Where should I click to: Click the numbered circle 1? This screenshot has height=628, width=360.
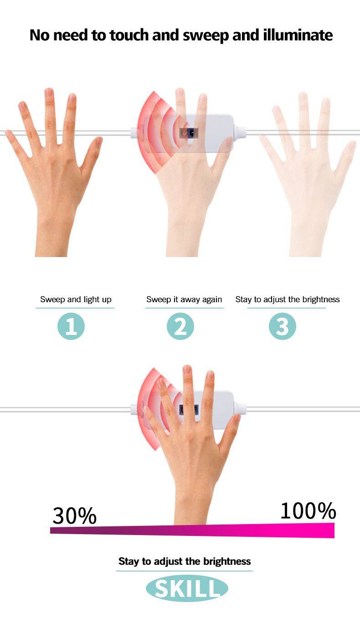click(x=71, y=326)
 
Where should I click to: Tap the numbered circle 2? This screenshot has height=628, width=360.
click(x=180, y=326)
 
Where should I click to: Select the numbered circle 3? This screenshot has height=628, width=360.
click(x=283, y=326)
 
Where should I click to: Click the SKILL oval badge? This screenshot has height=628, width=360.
click(x=187, y=588)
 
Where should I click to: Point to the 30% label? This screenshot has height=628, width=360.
click(x=75, y=516)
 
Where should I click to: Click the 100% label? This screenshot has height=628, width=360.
click(x=308, y=511)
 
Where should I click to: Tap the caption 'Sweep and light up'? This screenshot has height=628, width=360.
click(x=76, y=299)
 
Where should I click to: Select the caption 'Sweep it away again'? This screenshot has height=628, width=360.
click(x=184, y=299)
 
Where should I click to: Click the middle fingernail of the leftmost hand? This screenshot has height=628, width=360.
click(x=49, y=93)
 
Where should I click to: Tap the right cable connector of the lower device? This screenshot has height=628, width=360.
click(x=240, y=408)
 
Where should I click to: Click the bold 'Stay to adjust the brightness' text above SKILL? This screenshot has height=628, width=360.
click(x=185, y=561)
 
